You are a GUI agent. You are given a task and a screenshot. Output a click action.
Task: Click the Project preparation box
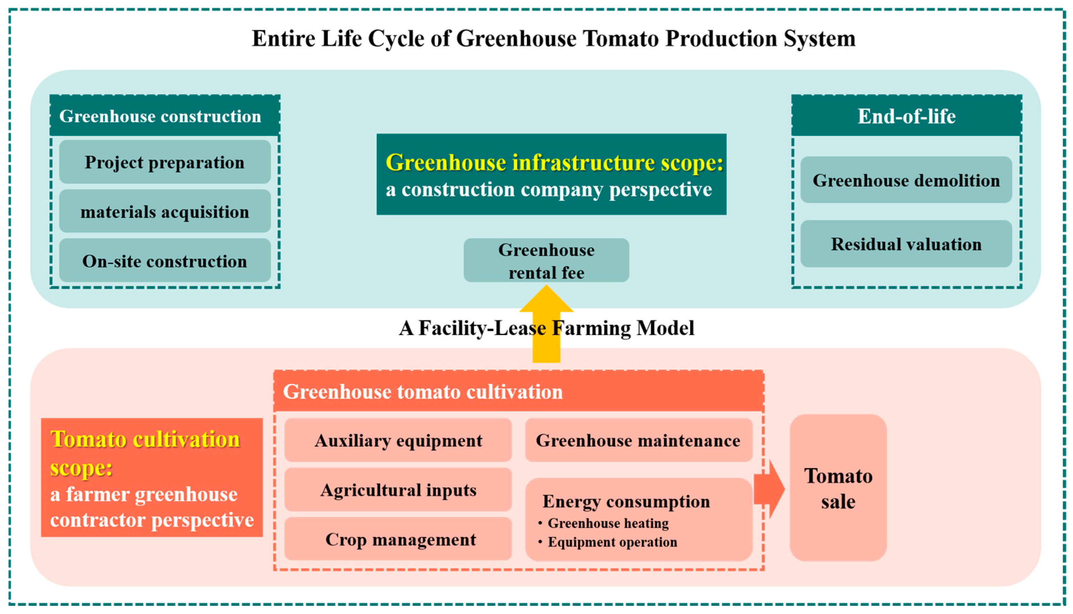pos(165,162)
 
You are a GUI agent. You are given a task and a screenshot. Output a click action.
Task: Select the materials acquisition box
pos(165,211)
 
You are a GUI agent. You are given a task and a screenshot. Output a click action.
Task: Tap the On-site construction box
pos(165,261)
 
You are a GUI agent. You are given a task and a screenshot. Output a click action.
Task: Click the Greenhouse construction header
pos(165,116)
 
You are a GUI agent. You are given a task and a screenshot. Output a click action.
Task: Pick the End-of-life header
pos(906,116)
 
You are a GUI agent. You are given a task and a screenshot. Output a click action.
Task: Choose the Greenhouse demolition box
pos(906,180)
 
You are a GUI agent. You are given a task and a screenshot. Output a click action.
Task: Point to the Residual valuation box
pos(906,244)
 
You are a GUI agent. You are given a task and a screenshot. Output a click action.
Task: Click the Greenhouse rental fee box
pos(546,261)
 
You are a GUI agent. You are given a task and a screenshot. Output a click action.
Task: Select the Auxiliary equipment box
pos(398,440)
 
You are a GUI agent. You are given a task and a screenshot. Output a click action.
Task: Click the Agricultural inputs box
pos(398,490)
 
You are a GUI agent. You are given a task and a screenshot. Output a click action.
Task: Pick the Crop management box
pos(398,539)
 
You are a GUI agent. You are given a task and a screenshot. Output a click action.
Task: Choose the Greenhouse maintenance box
pos(638,440)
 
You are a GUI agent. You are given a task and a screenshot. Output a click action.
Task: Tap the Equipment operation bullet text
pos(612,542)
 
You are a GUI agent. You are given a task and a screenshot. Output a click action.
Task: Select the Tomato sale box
pos(838,488)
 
